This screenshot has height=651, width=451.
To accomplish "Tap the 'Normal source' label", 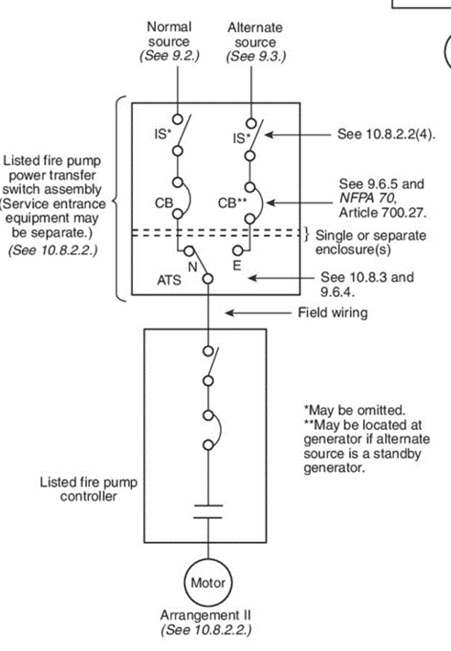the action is pyautogui.click(x=170, y=34).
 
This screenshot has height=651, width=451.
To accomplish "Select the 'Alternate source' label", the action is pyautogui.click(x=255, y=35).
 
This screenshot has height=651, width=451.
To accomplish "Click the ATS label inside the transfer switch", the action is pyautogui.click(x=169, y=281).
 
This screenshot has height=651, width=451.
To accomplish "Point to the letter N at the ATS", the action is pyautogui.click(x=192, y=267).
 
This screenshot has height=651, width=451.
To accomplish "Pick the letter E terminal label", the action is pyautogui.click(x=236, y=265).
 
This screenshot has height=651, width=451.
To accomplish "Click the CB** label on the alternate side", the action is pyautogui.click(x=232, y=203).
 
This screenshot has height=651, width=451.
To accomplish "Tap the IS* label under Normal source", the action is pyautogui.click(x=162, y=134).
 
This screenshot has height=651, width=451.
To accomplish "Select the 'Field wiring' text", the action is pyautogui.click(x=333, y=313).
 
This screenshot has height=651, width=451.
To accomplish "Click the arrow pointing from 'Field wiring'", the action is pyautogui.click(x=258, y=313).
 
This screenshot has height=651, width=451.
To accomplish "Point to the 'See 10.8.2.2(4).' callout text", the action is pyautogui.click(x=386, y=134).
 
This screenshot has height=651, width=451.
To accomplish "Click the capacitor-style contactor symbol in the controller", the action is pyautogui.click(x=208, y=512).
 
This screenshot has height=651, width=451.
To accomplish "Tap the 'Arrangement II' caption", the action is pyautogui.click(x=206, y=615).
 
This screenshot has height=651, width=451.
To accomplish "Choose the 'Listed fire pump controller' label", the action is pyautogui.click(x=88, y=489).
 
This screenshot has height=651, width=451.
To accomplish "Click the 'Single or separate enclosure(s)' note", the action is pyautogui.click(x=370, y=242).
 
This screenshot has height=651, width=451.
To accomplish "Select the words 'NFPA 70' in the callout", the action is pyautogui.click(x=365, y=198).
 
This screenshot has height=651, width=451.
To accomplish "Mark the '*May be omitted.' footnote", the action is pyautogui.click(x=355, y=410).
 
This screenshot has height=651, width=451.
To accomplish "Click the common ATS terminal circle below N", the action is pyautogui.click(x=208, y=279).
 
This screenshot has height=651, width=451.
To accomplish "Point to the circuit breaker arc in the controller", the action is pyautogui.click(x=217, y=430).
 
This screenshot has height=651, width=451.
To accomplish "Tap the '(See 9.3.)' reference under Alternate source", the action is pyautogui.click(x=256, y=56).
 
